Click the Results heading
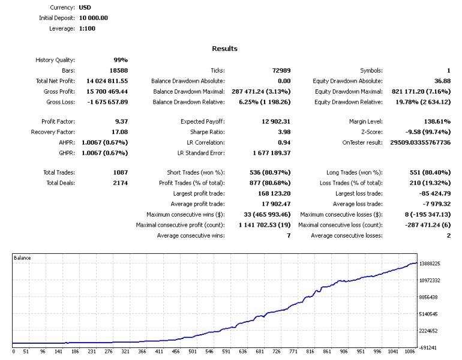[x=224, y=49]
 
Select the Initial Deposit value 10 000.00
[x=94, y=18]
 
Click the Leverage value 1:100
[x=87, y=28]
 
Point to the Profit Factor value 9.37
[x=119, y=122]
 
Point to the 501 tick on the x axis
[x=192, y=352]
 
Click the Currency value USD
[x=85, y=8]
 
